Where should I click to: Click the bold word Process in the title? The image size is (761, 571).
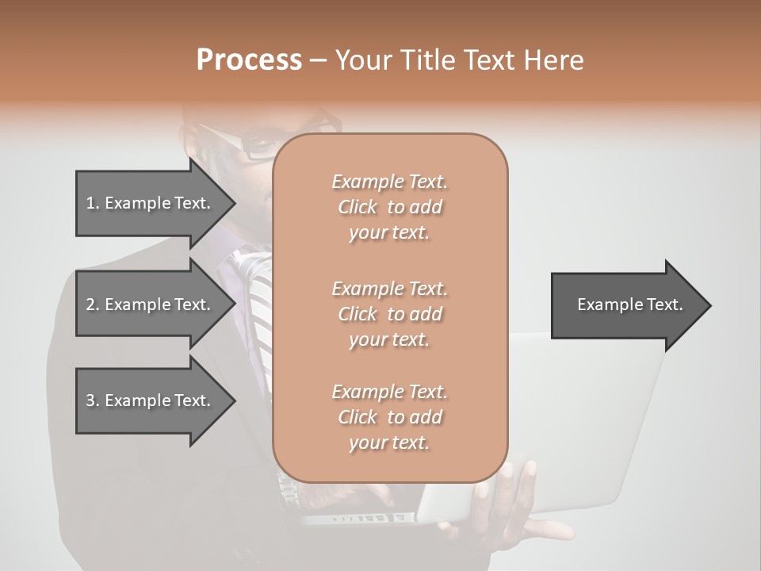coord(249,60)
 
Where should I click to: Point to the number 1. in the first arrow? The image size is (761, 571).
coord(93,203)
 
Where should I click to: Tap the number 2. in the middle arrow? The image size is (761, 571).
coord(93,305)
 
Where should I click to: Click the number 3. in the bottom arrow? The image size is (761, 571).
coord(93,400)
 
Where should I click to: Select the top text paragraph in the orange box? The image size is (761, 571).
coord(389,207)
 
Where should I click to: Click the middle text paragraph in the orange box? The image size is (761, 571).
coord(389,314)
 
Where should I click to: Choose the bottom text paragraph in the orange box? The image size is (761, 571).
coord(389,417)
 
